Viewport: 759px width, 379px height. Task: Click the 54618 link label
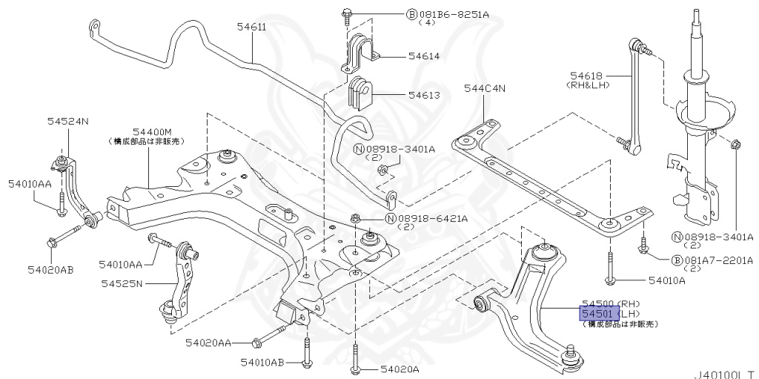coord(586,75)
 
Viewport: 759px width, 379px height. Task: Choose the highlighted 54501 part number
coord(597,314)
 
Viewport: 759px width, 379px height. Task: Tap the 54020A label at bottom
coord(400,369)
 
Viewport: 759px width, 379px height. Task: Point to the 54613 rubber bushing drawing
coord(361,92)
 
